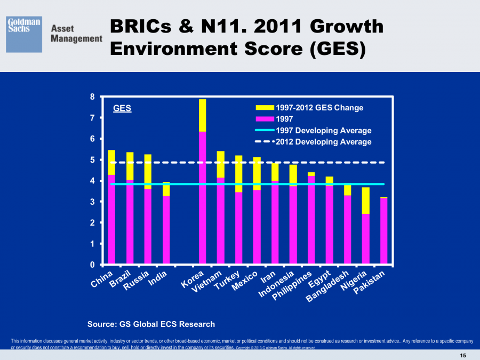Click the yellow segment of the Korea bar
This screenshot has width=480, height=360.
click(202, 115)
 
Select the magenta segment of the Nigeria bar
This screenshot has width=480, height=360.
click(365, 239)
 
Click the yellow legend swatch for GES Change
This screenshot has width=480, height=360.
click(264, 108)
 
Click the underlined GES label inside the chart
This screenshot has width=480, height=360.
click(122, 108)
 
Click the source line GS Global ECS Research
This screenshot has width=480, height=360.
click(151, 324)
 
